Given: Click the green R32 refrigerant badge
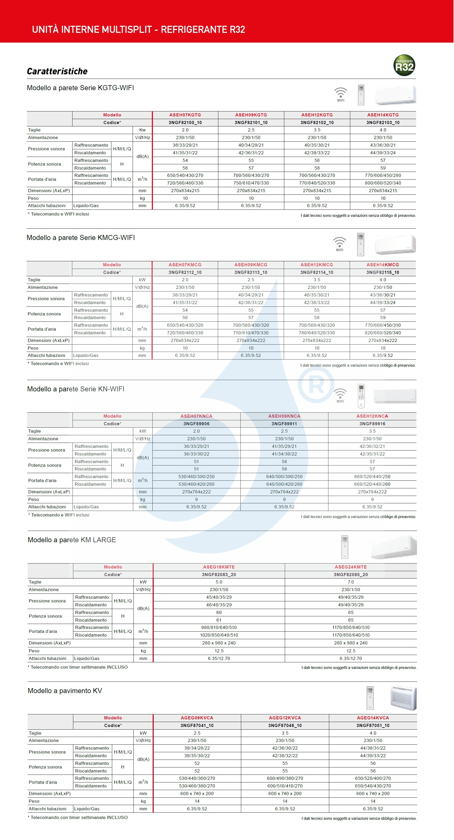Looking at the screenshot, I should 404,65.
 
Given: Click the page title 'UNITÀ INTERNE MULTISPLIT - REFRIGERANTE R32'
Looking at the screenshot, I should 138,30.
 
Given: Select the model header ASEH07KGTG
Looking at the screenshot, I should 185,115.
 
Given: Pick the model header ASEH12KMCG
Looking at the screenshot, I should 317,265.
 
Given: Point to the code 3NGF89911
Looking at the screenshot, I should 284,424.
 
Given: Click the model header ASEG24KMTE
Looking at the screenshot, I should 351,567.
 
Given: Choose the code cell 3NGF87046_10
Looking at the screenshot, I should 285,726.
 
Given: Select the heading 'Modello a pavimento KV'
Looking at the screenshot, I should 65,691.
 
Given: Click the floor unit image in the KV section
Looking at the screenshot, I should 404,698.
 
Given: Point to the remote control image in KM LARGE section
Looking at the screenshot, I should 344,547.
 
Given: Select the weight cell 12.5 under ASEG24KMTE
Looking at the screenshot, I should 351,651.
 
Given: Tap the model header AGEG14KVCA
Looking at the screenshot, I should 373,718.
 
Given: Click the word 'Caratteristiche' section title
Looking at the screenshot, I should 57,71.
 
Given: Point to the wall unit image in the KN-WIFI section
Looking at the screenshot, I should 395,396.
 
